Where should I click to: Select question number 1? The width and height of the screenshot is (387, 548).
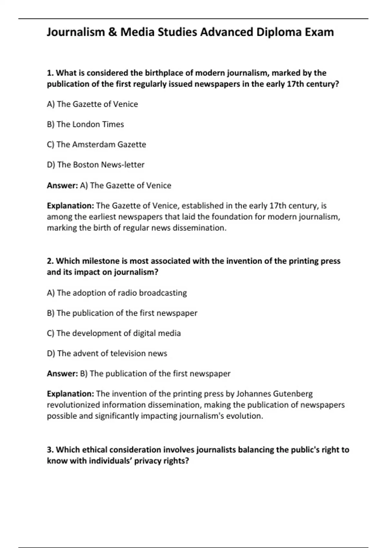[x=50, y=73]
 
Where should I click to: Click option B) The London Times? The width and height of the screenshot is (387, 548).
[x=85, y=124]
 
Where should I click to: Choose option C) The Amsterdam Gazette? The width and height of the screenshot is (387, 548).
[x=96, y=144]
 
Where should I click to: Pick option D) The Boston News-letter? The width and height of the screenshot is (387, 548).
[x=96, y=165]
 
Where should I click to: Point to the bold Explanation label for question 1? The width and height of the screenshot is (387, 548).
[x=70, y=206]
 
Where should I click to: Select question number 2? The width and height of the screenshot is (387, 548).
[x=50, y=261]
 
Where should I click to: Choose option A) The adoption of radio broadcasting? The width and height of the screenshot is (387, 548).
[x=117, y=293]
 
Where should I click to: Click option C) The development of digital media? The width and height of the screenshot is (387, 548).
[x=114, y=333]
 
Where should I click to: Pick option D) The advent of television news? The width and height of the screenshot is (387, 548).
[x=107, y=354]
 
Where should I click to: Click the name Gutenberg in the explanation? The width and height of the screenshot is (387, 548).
[x=293, y=394]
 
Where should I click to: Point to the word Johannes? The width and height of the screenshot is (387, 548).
[x=253, y=394]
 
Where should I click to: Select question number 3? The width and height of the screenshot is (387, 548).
[x=50, y=450]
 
